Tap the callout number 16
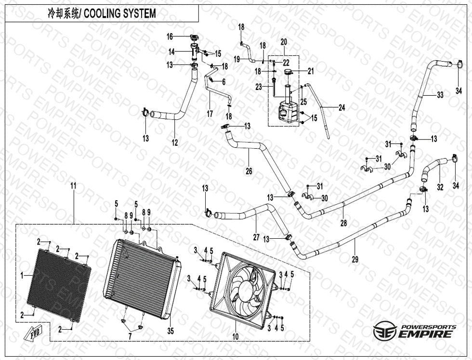(170, 37)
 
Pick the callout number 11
(73, 185)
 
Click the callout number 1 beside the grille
(22, 275)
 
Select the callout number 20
(283, 42)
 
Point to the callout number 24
(341, 108)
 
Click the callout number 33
(440, 95)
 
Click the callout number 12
(175, 142)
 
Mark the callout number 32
(440, 187)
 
